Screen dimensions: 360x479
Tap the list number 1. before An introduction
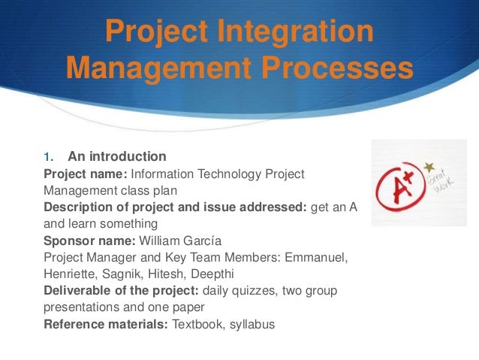pos(49,158)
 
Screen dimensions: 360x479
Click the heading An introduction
pos(117,157)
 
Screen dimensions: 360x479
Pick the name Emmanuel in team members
pos(318,257)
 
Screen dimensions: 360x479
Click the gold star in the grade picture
pos(429,166)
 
